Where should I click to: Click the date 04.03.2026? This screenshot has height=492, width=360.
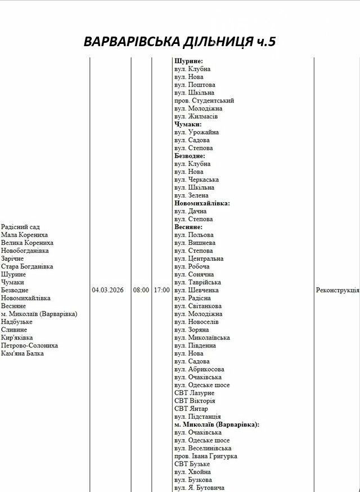107,290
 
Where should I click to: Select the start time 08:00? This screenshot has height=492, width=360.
141,290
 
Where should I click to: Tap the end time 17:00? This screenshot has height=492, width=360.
161,290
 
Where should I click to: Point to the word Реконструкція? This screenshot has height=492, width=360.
337,290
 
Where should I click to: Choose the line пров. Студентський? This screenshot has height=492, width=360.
204,101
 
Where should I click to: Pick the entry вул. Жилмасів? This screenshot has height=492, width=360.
196,117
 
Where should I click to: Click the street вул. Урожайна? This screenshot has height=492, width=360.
196,132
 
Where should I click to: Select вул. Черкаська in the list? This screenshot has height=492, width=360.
196,180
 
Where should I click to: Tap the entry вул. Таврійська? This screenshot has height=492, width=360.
197,282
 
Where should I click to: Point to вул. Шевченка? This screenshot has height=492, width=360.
196,290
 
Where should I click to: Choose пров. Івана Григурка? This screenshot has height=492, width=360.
205,456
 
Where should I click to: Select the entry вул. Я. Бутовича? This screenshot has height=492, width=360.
199,487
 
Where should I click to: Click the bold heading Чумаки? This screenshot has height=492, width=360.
188,124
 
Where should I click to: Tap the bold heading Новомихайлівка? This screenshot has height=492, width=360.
202,203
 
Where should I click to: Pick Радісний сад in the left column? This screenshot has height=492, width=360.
20,227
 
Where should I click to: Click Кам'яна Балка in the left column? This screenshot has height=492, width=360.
22,354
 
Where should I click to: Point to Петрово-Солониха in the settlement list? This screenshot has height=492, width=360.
29,346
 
